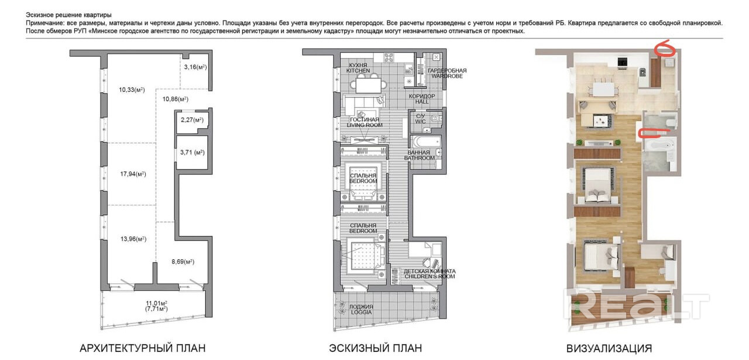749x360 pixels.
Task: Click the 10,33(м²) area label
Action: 132,90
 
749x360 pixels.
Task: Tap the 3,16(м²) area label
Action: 195,67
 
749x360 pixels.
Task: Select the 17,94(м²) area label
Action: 133,174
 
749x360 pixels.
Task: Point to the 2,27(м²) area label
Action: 192,120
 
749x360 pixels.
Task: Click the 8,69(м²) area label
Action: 183,262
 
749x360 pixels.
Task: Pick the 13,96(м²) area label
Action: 133,239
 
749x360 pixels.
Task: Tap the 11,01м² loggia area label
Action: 156,303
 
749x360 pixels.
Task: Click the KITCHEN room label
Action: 358,71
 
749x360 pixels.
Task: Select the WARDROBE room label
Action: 447,76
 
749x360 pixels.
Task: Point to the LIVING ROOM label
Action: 365,125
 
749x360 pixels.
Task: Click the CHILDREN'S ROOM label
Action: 430,276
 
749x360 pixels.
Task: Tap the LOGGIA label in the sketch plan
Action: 361,312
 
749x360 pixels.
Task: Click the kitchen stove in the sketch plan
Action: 389,57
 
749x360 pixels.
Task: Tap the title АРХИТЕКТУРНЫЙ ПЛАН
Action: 142,348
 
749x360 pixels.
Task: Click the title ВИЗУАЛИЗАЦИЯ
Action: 609,349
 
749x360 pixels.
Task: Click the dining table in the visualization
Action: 604,90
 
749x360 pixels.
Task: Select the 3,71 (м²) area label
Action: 193,152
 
